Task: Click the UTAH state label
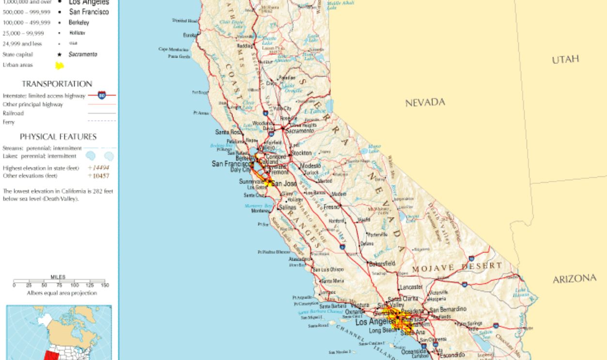(565, 60)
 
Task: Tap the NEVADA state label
(425, 103)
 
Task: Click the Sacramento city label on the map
(300, 131)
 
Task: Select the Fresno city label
(331, 207)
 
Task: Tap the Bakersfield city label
(382, 264)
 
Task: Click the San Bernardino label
(448, 309)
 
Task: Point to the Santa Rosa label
(229, 132)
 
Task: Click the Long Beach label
(383, 331)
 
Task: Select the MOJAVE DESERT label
(457, 267)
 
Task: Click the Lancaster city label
(411, 287)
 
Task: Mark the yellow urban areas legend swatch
(60, 65)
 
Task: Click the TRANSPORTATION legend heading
(57, 84)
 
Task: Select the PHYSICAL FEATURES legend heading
(58, 137)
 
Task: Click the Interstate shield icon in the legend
(102, 95)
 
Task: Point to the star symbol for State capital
(59, 55)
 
